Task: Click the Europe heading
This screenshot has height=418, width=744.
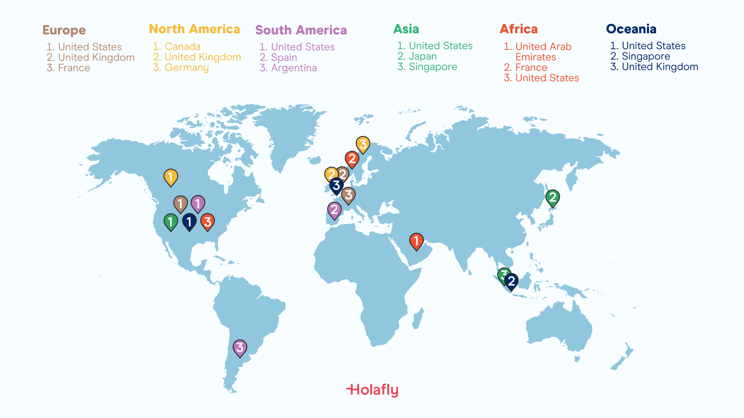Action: coord(64,30)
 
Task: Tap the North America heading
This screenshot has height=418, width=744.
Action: coord(194,29)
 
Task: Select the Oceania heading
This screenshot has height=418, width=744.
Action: coord(631,29)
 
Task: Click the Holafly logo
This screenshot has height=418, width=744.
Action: coord(372,390)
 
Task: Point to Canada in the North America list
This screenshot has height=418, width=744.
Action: coord(182,46)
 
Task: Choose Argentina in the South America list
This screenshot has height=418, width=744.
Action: coord(293,68)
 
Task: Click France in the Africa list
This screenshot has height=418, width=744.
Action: coord(531,67)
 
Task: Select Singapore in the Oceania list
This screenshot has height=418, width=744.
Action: coord(646,56)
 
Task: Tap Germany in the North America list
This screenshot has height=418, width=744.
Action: coord(186,67)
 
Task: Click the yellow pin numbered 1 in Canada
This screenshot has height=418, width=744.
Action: coord(170,177)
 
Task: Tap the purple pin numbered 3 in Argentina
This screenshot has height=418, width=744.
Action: coord(240,348)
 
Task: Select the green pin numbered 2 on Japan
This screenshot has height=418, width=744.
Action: coord(553,197)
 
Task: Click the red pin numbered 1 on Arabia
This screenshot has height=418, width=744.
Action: coord(416,241)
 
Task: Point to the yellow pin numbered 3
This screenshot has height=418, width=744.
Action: coord(363,144)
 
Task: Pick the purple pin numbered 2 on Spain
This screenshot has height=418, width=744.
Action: coord(334,210)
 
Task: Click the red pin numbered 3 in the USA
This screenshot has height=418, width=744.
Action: coord(207,221)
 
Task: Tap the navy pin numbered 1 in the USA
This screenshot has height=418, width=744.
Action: coord(189,221)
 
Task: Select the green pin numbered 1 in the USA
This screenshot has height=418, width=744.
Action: coord(170,222)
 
